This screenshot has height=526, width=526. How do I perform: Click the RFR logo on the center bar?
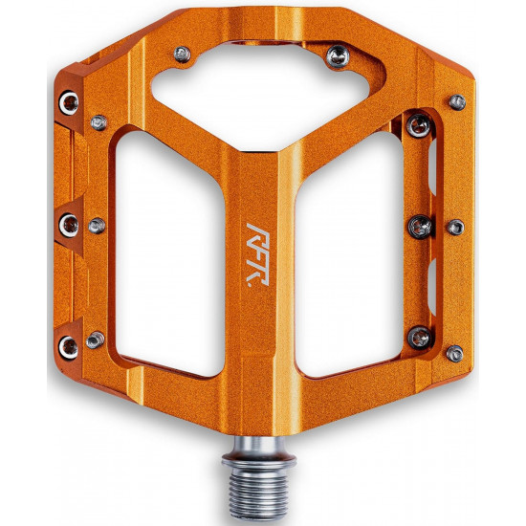pyautogui.click(x=257, y=254)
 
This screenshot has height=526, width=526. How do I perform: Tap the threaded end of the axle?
pyautogui.click(x=259, y=493)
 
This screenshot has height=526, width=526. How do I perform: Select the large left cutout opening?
pyautogui.click(x=169, y=255)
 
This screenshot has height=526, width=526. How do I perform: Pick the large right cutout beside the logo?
pyautogui.click(x=349, y=255)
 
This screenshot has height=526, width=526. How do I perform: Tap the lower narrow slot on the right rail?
pyautogui.click(x=432, y=287)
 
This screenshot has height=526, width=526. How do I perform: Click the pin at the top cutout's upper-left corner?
pyautogui.click(x=183, y=55)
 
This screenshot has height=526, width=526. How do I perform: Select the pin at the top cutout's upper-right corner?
pyautogui.click(x=339, y=56)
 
